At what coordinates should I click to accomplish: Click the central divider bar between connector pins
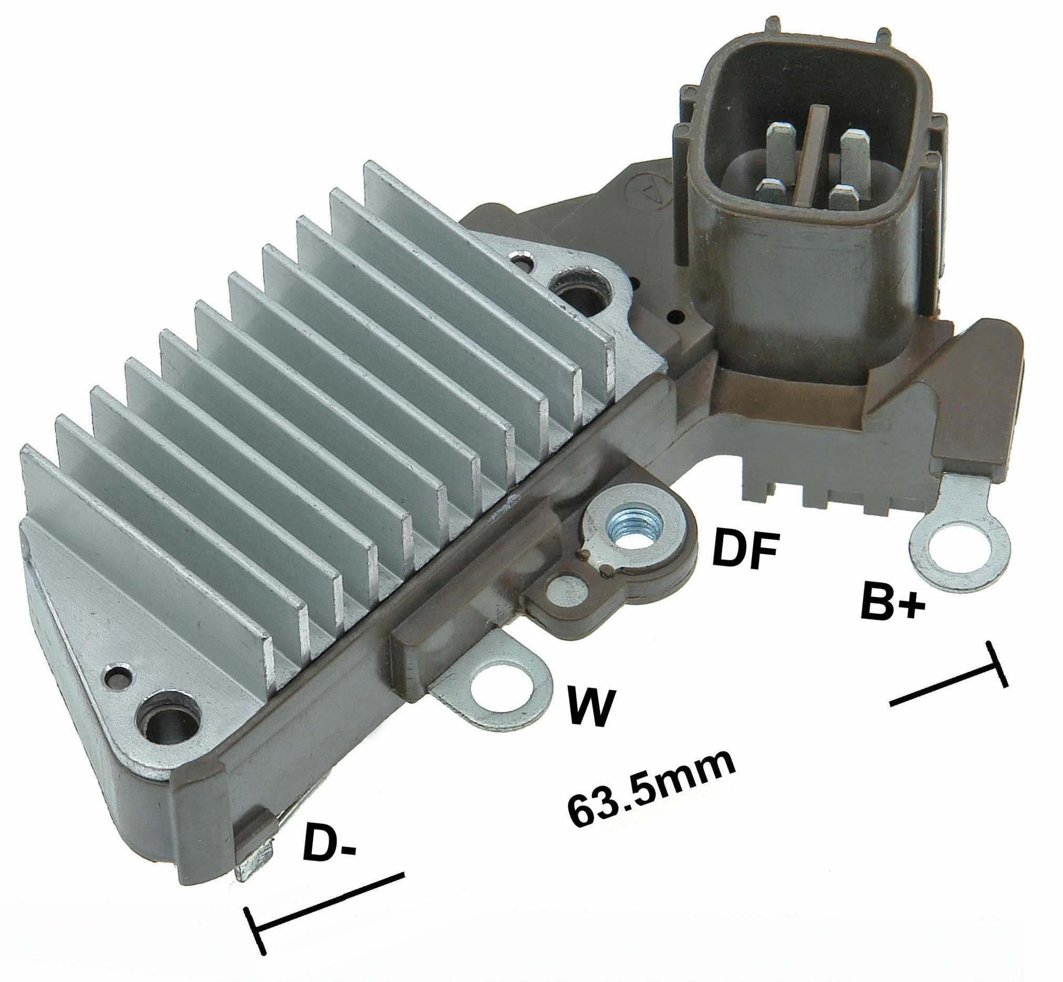pos(812,154)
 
